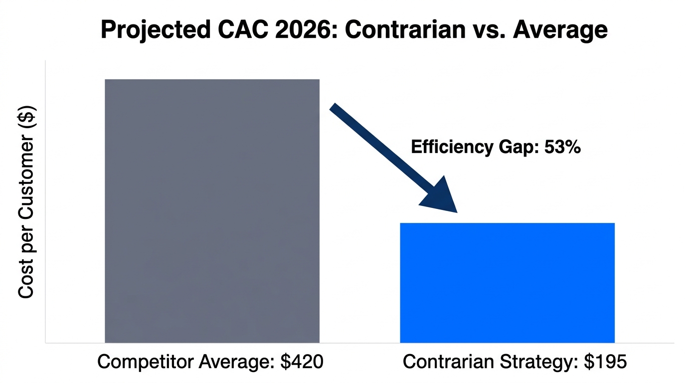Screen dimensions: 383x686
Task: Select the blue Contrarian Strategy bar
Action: (x=507, y=282)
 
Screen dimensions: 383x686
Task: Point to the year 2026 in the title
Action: (x=299, y=30)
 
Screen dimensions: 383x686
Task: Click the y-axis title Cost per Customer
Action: (x=26, y=214)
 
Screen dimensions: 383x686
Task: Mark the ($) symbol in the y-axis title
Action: (x=26, y=118)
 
